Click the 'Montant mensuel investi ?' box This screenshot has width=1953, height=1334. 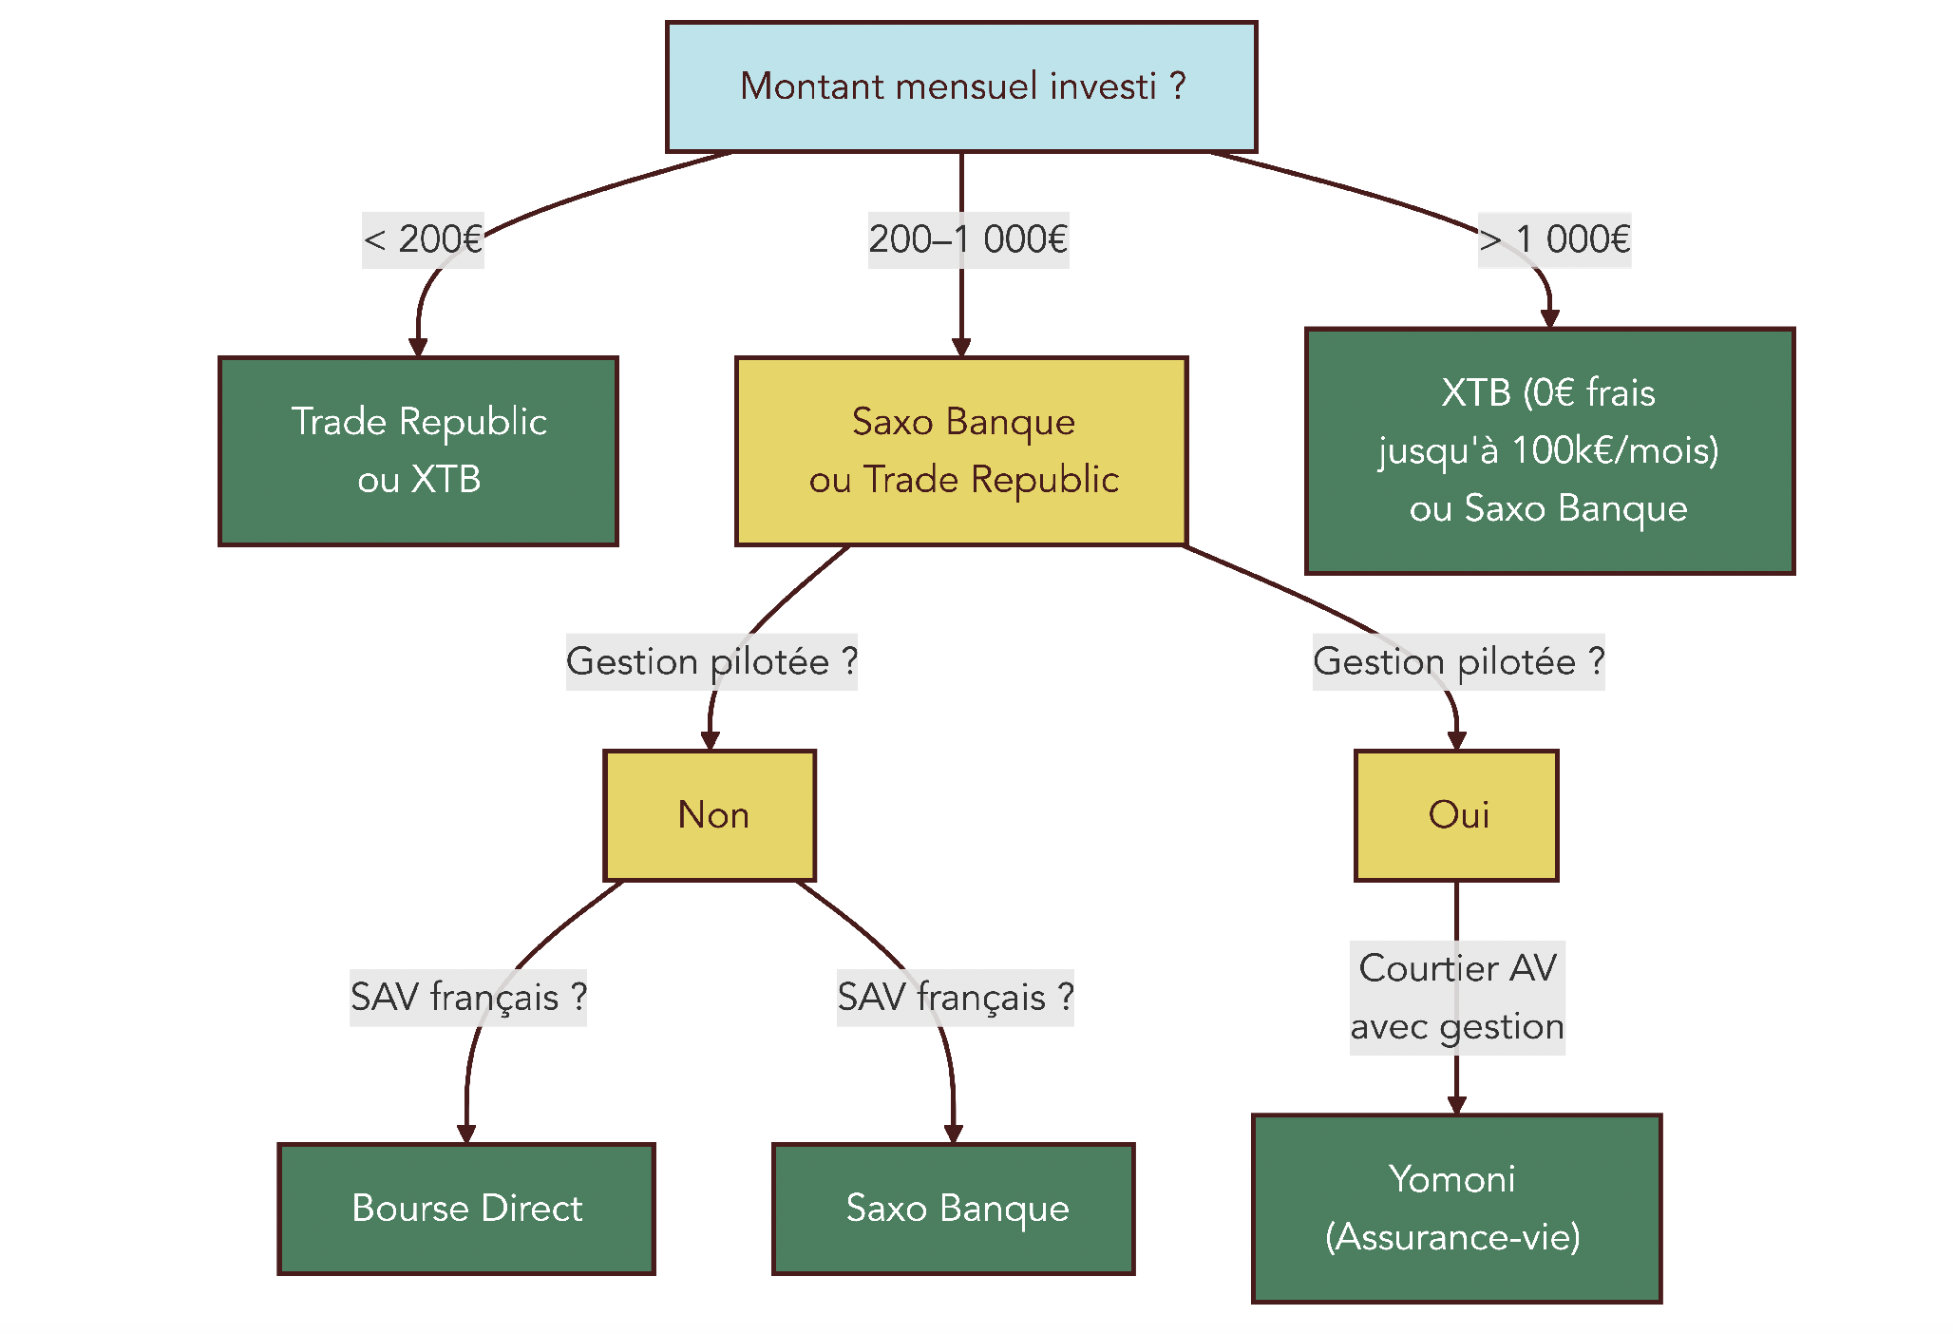961,86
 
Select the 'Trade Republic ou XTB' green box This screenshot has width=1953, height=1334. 418,451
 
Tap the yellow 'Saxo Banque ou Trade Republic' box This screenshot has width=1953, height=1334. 961,451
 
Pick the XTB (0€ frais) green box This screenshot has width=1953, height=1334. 1549,451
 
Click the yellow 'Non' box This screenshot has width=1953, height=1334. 710,815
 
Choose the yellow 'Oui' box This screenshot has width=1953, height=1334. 1456,815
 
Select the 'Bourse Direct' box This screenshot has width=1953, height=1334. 466,1209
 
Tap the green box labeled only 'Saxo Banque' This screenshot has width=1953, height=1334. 954,1209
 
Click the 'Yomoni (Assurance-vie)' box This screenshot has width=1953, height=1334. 1456,1209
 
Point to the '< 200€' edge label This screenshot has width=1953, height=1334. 423,239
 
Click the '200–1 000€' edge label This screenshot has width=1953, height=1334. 968,239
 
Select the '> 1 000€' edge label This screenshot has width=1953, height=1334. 1554,239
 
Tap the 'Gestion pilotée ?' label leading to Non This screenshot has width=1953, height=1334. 711,661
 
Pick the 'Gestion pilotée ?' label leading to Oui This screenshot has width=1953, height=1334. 1458,661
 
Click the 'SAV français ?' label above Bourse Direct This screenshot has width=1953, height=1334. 468,998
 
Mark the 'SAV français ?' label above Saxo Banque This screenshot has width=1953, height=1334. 955,998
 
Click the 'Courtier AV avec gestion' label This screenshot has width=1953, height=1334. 1457,998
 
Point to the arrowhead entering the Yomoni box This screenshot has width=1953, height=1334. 1456,1105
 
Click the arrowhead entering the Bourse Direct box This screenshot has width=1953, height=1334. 466,1134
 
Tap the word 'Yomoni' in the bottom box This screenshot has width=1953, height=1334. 1451,1179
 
